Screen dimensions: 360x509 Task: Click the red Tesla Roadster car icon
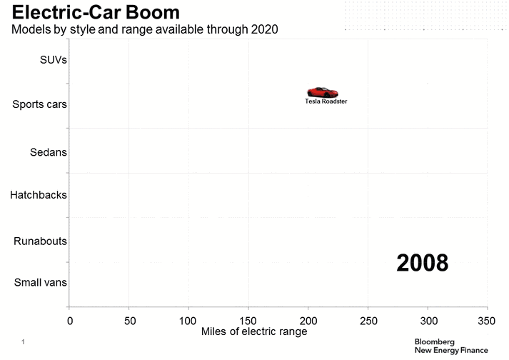(322, 92)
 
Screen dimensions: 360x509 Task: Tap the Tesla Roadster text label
(326, 101)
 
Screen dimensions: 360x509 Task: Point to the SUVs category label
(54, 60)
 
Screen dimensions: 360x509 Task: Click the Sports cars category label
(40, 104)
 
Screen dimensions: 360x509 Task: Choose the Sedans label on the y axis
(49, 152)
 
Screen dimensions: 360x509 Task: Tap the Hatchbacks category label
(39, 194)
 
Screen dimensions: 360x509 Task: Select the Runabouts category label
(41, 241)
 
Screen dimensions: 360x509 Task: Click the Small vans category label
(41, 282)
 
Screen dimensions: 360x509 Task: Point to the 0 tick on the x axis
(69, 321)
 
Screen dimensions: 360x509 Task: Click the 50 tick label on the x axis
(128, 321)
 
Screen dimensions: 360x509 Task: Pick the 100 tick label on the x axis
(188, 321)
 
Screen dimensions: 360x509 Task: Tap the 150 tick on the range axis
(248, 321)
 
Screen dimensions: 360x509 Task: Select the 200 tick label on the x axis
(308, 321)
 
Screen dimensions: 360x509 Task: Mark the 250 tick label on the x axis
(368, 321)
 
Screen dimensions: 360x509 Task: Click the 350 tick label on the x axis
(487, 321)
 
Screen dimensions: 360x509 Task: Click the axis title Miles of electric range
(254, 332)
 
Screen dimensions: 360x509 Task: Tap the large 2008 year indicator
(423, 263)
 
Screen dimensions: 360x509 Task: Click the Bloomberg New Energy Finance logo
(451, 346)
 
